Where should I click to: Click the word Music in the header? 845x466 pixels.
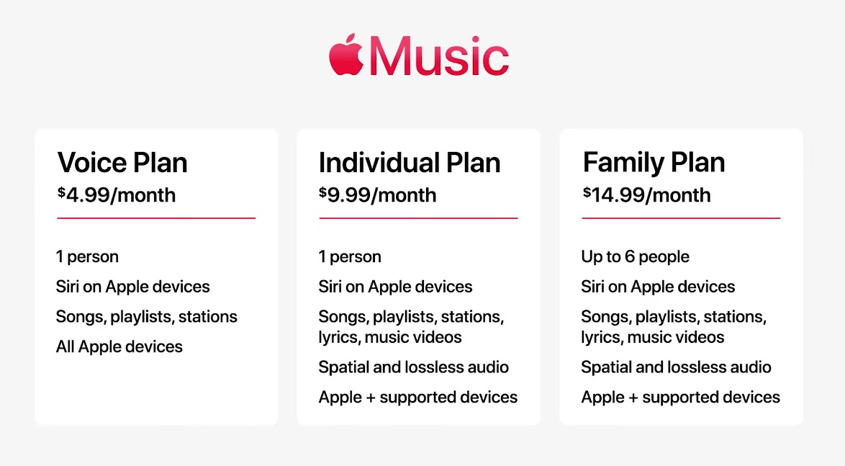coord(439,56)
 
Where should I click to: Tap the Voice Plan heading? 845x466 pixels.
coord(122,162)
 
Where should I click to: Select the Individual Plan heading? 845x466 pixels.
coord(410,162)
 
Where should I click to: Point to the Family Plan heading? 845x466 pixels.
coord(654,163)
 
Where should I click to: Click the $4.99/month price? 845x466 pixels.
coord(117,194)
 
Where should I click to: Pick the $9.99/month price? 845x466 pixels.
coord(377,194)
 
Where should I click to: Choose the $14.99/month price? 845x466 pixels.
coord(646,194)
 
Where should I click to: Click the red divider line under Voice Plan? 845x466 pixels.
coord(156,218)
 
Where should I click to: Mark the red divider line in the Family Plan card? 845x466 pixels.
coord(681,218)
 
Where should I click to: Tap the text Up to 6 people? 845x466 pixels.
coord(636,256)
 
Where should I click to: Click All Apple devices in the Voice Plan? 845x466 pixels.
coord(119,346)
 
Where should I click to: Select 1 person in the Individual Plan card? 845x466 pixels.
coord(350,256)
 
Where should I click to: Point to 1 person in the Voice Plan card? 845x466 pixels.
coord(87,256)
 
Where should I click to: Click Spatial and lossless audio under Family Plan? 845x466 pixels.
coord(677,367)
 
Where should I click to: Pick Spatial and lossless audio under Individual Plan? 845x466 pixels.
coord(414,367)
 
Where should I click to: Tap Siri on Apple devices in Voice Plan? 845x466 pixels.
coord(133,287)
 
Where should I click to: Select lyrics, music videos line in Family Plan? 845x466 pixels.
coord(653,337)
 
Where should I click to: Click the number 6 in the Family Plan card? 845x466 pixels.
coord(630,256)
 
